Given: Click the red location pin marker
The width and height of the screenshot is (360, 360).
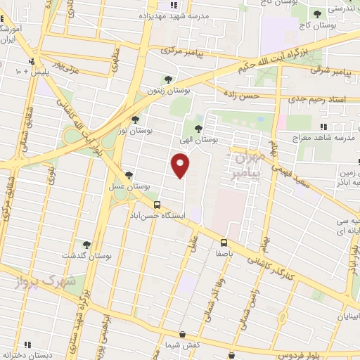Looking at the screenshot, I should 181,166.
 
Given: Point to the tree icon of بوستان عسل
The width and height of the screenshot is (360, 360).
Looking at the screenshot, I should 128,175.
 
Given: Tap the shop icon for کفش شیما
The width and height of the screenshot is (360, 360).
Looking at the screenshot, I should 183,335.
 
